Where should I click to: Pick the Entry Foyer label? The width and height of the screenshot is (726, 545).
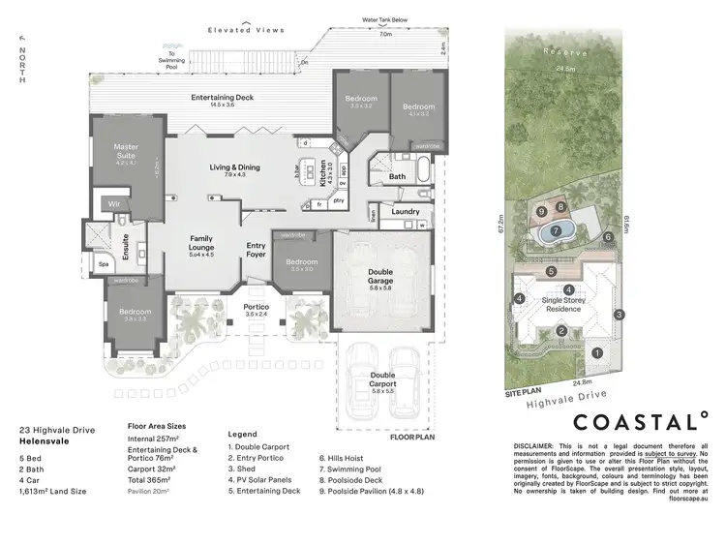point(256,250)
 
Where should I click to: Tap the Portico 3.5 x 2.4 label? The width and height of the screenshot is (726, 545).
point(255,310)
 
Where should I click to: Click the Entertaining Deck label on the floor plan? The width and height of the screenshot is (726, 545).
point(222,98)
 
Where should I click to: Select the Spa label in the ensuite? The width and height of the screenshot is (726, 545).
point(103,263)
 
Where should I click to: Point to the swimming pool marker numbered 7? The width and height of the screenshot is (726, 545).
point(556,231)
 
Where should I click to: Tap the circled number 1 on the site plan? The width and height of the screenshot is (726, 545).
point(597,353)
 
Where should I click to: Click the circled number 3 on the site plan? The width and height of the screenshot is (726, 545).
point(619,314)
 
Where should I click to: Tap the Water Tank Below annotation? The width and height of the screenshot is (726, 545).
point(385,19)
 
